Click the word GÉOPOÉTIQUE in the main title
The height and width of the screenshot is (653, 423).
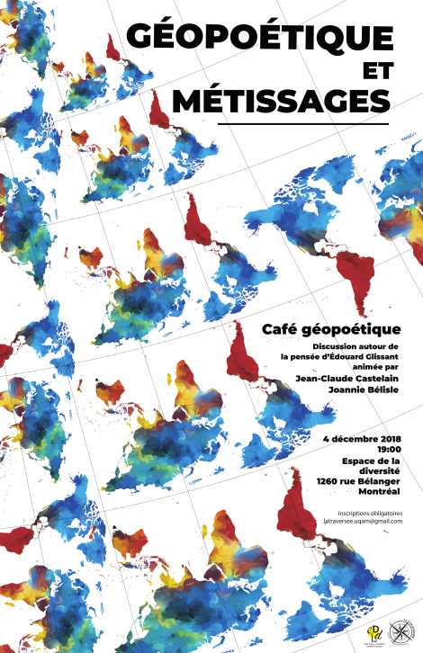coord(259,38)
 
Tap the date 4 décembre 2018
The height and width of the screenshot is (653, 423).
coord(361,438)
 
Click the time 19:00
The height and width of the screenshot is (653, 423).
coord(389,449)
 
